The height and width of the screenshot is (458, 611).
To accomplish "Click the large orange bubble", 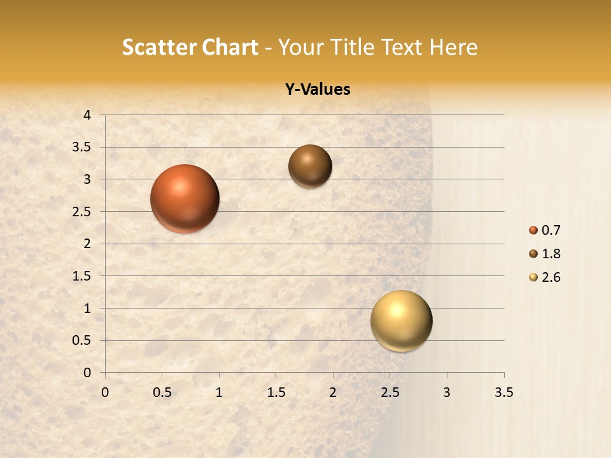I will click(185, 198).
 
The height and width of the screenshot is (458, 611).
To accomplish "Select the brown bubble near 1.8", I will click(310, 166).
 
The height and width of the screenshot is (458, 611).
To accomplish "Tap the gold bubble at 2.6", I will click(401, 321).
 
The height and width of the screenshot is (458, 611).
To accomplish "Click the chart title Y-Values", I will click(317, 90).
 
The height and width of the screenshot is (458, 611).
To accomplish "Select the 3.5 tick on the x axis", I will click(503, 392).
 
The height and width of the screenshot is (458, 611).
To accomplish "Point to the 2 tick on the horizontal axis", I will click(333, 392).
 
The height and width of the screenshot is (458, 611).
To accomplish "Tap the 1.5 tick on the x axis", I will click(276, 392).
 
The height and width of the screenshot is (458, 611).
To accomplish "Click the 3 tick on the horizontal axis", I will click(447, 392).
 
